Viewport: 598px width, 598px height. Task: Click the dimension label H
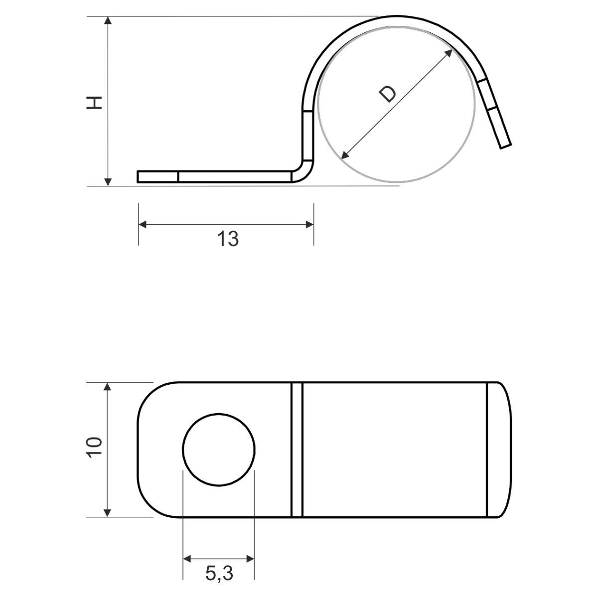click(94, 103)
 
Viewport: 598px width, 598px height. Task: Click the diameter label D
click(388, 94)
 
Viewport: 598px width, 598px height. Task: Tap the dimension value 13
click(228, 239)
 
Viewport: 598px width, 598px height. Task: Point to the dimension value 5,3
click(219, 573)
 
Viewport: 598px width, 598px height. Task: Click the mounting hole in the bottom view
click(219, 449)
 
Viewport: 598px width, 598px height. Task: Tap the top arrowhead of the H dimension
click(108, 20)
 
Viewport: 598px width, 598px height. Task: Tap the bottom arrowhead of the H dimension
click(108, 182)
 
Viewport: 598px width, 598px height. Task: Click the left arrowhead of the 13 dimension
click(143, 224)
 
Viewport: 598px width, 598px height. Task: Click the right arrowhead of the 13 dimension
click(309, 224)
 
